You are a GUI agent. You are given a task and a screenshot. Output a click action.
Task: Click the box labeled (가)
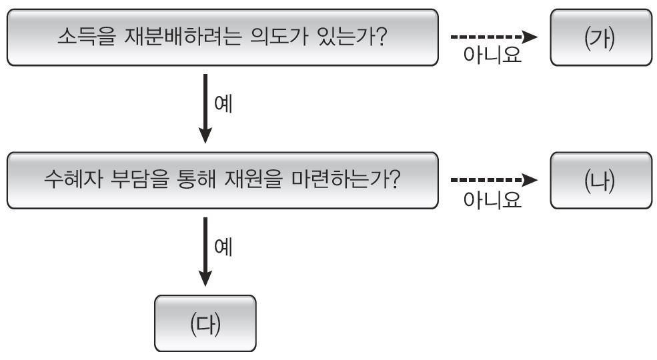[x=601, y=37]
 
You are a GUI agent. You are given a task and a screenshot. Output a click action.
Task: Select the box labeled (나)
[x=601, y=181]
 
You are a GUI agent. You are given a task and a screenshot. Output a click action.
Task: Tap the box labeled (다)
[x=205, y=323]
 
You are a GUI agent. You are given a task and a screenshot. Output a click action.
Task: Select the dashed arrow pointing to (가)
[x=494, y=37]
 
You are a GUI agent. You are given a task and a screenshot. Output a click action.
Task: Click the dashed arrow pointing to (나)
[x=494, y=180]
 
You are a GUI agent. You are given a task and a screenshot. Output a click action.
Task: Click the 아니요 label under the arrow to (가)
[x=492, y=56]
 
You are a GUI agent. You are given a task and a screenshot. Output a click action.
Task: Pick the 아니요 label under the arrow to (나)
[x=492, y=199]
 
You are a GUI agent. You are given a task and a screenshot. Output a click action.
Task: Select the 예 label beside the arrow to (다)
[x=223, y=247]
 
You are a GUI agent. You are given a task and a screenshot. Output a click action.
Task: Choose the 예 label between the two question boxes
[x=223, y=105]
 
